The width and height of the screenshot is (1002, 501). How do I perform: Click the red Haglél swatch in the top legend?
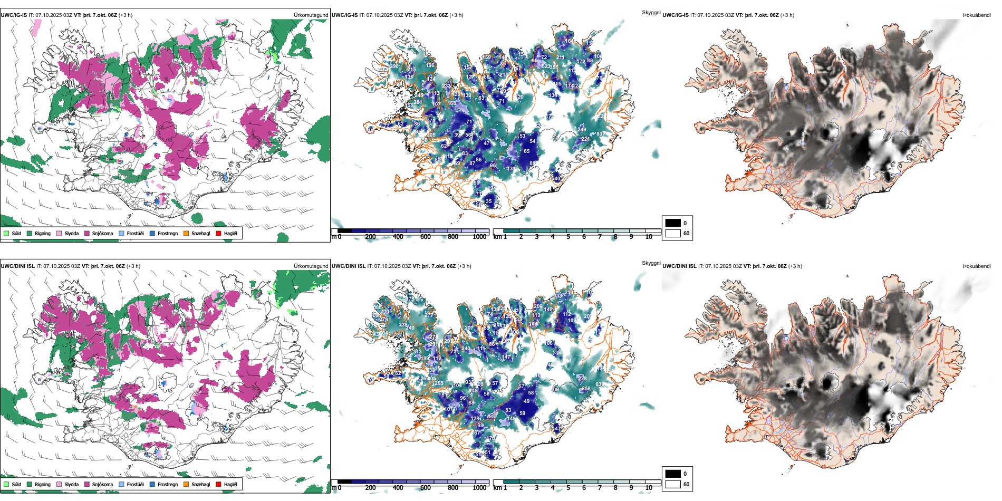point(219,233)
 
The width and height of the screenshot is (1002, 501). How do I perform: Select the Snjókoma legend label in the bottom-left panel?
point(102,484)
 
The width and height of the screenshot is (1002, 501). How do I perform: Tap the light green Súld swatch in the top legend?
point(6,233)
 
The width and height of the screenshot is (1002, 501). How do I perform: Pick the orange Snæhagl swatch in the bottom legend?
point(186,484)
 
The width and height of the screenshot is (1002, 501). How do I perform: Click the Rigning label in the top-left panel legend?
point(43,233)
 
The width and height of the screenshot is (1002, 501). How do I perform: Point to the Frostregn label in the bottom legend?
point(168,484)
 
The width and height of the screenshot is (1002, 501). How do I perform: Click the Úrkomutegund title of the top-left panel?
point(311,15)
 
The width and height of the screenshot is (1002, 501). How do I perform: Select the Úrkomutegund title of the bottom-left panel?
point(311,266)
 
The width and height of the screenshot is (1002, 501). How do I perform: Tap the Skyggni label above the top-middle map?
point(651,12)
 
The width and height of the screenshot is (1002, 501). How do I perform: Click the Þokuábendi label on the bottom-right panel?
point(977,266)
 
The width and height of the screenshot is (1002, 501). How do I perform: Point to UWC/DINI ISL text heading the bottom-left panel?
point(17,266)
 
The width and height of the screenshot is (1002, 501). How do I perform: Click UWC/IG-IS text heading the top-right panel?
point(676,15)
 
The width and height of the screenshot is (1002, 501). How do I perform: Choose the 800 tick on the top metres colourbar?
point(452,237)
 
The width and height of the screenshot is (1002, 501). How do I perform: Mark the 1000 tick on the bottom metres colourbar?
point(479,488)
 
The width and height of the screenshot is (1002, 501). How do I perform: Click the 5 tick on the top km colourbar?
point(568,237)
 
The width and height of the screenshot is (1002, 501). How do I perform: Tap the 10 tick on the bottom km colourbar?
point(649,488)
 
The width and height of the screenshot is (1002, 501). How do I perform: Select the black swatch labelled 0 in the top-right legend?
point(672,223)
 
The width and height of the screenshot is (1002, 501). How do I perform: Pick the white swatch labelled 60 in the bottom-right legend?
point(672,484)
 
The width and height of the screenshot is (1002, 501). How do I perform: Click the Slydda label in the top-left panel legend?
point(72,233)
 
